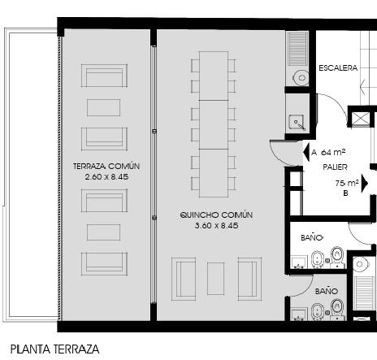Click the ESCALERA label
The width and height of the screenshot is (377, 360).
pyautogui.click(x=338, y=68)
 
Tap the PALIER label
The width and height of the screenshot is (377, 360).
pyautogui.click(x=335, y=167)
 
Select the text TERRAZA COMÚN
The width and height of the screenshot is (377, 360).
pyautogui.click(x=106, y=166)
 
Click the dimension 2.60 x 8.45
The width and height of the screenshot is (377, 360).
pyautogui.click(x=106, y=177)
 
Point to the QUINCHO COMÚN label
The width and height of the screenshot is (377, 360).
pyautogui.click(x=216, y=215)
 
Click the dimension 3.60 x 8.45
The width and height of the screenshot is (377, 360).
pyautogui.click(x=216, y=226)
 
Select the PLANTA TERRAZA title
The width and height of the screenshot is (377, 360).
pyautogui.click(x=54, y=349)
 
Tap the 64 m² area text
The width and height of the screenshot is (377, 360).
pyautogui.click(x=333, y=153)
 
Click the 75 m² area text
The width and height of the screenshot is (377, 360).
pyautogui.click(x=347, y=184)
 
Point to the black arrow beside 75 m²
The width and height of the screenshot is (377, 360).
pyautogui.click(x=365, y=184)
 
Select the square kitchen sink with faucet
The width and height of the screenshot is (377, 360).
pyautogui.click(x=297, y=123)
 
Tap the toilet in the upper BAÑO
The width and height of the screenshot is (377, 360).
pyautogui.click(x=337, y=257)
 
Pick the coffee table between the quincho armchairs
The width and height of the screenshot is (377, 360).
pyautogui.click(x=215, y=279)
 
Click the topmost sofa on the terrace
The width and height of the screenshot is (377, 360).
pyautogui.click(x=104, y=76)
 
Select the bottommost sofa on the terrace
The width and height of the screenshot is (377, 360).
pyautogui.click(x=104, y=264)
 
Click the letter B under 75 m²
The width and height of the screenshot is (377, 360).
pyautogui.click(x=345, y=193)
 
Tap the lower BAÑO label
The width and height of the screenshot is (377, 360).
pyautogui.click(x=327, y=292)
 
